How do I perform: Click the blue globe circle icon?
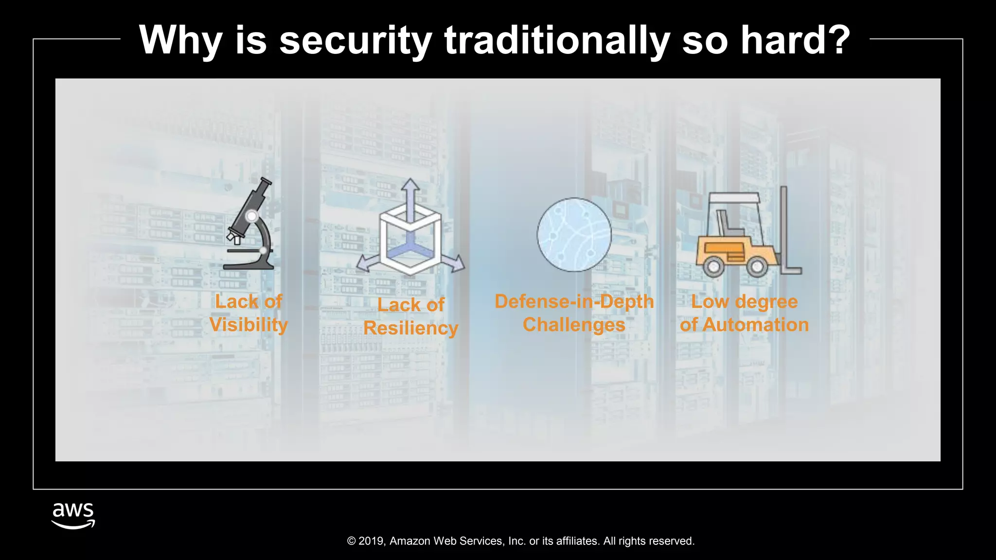click(x=574, y=234)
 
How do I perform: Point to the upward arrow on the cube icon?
click(x=410, y=188)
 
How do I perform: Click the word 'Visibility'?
click(x=249, y=325)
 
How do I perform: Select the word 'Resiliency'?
click(x=410, y=328)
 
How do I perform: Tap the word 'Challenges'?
click(x=574, y=325)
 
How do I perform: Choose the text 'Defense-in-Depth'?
click(x=574, y=301)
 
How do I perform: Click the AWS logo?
click(x=73, y=516)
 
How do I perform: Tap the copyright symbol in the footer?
click(x=352, y=541)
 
